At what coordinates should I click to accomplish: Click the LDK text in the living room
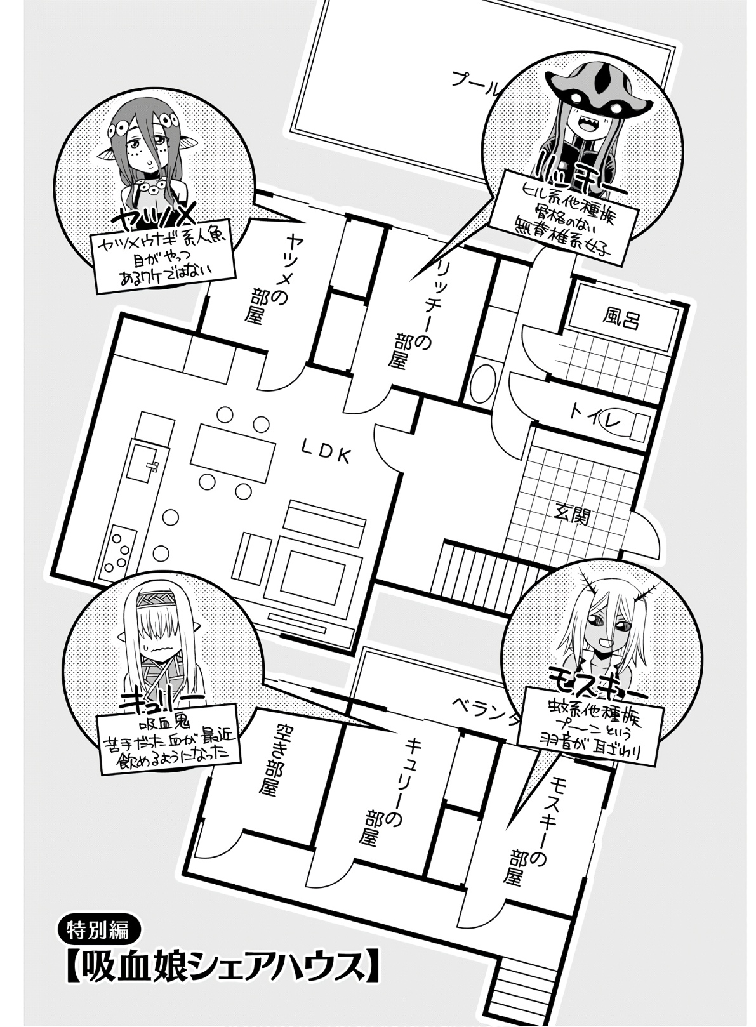325,453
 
